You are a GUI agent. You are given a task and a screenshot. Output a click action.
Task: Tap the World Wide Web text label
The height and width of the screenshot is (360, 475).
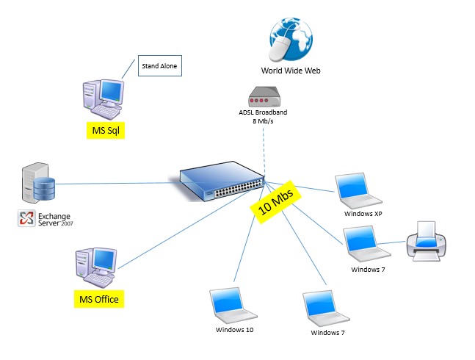[x=291, y=71]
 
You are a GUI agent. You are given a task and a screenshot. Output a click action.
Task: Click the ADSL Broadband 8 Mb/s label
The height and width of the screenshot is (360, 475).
[x=263, y=116]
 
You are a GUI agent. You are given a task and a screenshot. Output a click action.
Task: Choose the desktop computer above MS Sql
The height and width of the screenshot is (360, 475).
[x=102, y=98]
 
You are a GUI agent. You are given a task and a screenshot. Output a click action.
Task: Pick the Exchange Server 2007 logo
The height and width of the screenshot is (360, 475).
[x=45, y=218]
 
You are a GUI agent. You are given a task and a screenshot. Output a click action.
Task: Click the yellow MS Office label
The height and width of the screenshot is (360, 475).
[x=99, y=299]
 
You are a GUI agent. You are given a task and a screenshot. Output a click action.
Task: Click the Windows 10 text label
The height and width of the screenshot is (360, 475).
[x=234, y=330]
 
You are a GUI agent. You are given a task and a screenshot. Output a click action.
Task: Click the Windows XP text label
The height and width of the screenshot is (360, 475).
[x=363, y=214]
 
